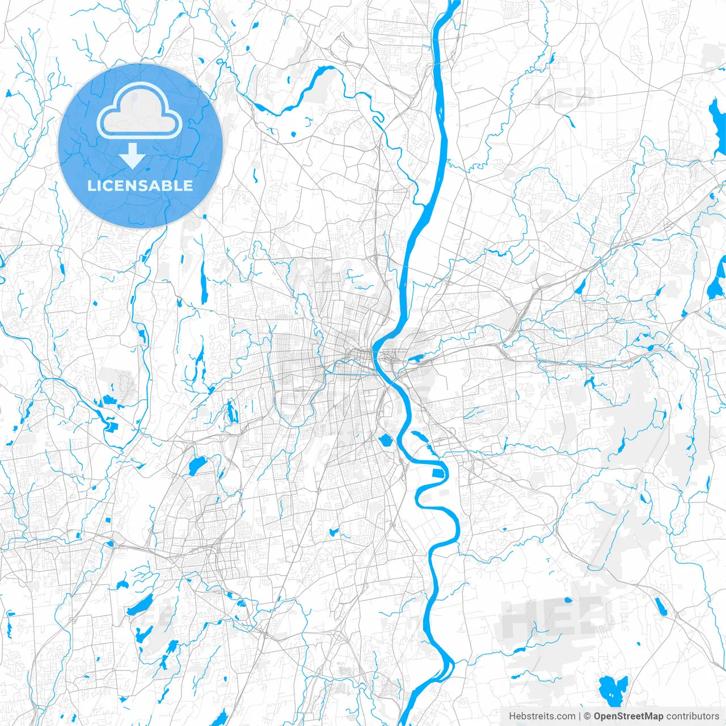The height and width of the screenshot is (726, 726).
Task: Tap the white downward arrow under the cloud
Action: (x=132, y=157)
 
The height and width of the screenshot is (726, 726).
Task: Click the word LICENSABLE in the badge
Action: (x=140, y=186)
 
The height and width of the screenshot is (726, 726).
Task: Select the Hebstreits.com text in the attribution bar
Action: (x=542, y=716)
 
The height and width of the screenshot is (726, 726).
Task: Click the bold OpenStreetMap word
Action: (x=628, y=716)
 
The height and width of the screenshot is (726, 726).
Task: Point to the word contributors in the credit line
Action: (x=693, y=716)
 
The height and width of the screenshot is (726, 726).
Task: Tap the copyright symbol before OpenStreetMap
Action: (x=588, y=716)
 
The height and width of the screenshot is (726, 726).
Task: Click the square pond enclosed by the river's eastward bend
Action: (x=438, y=474)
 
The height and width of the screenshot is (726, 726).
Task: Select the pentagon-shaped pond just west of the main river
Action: (x=386, y=440)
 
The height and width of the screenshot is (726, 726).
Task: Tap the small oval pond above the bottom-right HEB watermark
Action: (x=568, y=600)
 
